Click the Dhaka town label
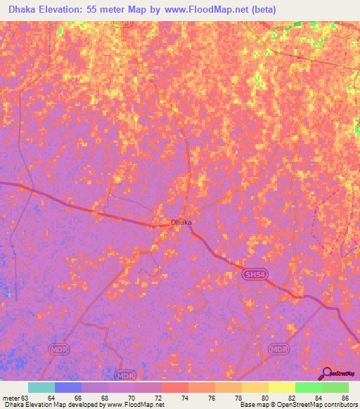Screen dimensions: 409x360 (181, 223)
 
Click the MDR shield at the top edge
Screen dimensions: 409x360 (123, 23)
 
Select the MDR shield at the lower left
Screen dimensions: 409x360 (58, 349)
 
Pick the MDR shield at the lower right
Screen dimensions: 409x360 (279, 349)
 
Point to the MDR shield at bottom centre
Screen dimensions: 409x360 (124, 375)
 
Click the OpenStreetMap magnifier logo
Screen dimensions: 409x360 (327, 373)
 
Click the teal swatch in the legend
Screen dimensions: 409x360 (41, 387)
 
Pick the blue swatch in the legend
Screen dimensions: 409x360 (68, 387)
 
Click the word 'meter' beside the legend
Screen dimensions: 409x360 (11, 397)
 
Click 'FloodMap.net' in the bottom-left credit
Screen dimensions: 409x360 (146, 404)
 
